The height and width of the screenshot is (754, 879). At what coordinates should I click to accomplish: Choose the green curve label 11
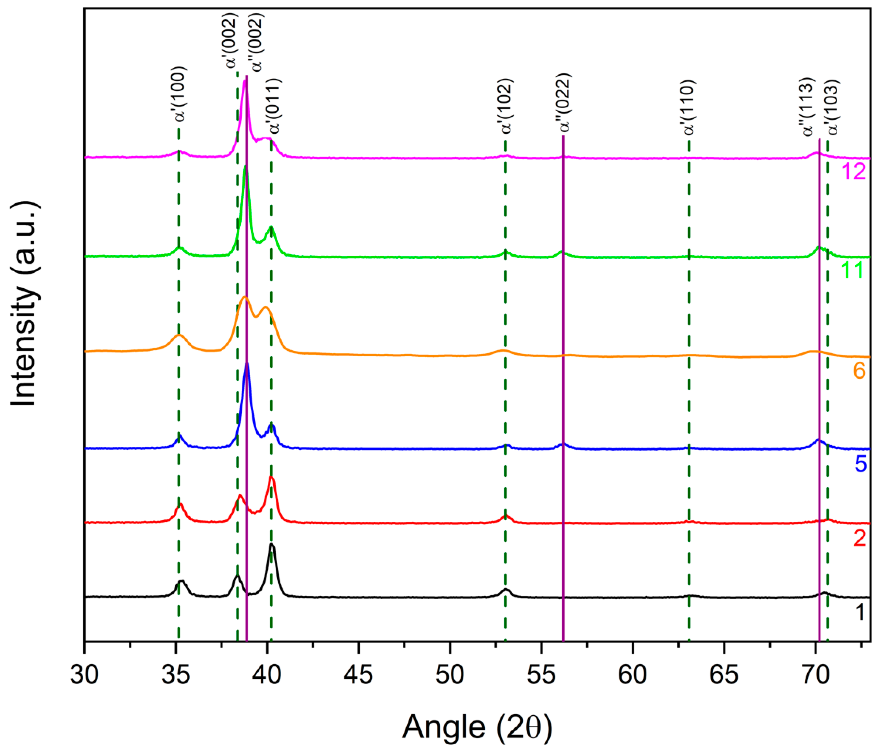(x=852, y=270)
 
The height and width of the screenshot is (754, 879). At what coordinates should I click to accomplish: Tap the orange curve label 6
(x=859, y=371)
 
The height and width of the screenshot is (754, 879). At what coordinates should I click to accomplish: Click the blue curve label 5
(x=860, y=463)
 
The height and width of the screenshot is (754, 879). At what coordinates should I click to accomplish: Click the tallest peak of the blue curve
(x=247, y=364)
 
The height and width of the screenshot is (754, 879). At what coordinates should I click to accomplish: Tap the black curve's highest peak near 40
(x=272, y=544)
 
